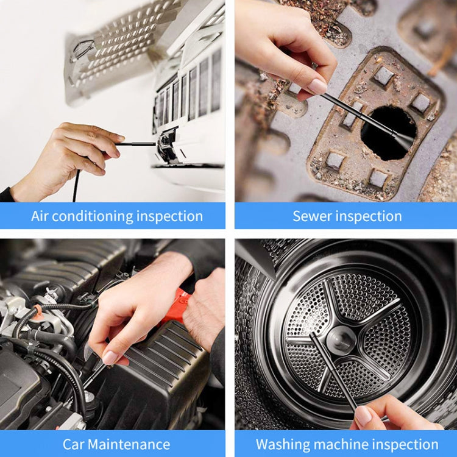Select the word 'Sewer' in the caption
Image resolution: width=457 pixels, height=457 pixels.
311,216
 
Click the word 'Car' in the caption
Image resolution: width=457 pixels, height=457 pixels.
75,444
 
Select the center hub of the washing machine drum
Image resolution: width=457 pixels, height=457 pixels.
341,339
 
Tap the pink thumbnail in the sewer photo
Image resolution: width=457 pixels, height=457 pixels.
317,87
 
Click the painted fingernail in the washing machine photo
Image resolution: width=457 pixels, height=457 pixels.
363,416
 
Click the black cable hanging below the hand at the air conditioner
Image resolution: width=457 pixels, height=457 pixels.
76,186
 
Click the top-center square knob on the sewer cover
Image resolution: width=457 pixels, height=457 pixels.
383,76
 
